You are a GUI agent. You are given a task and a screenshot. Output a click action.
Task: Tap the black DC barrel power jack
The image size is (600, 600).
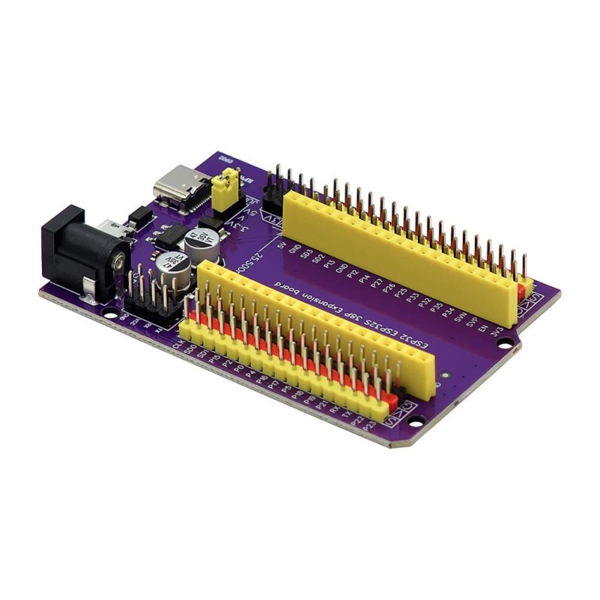[x=79, y=247]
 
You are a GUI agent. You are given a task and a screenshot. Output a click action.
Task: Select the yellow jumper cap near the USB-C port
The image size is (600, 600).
[x=224, y=189]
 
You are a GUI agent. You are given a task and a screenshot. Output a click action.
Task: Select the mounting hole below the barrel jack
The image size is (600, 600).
[x=110, y=309]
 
